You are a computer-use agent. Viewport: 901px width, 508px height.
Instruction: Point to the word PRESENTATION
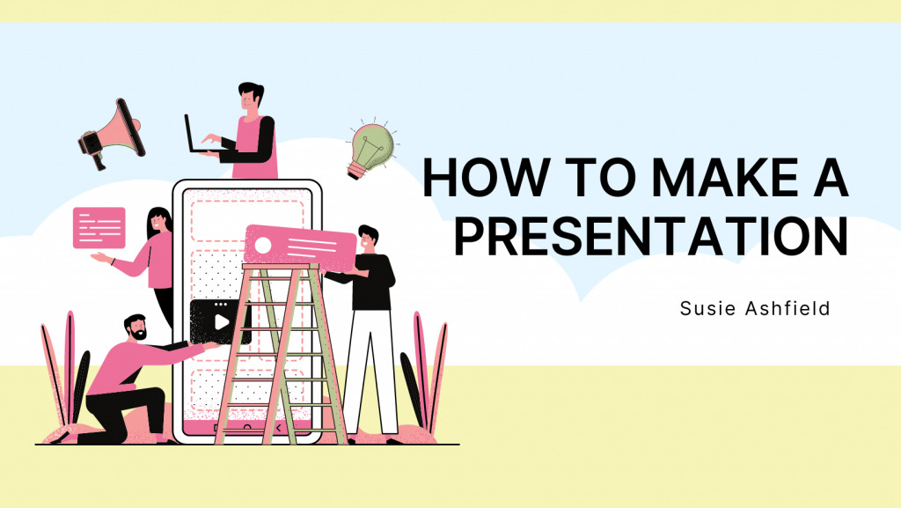(x=651, y=236)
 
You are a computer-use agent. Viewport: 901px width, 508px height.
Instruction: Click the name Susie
(x=707, y=309)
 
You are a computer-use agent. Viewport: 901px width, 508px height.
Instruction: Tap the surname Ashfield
(x=787, y=309)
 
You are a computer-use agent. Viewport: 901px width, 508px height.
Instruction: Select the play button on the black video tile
(x=221, y=322)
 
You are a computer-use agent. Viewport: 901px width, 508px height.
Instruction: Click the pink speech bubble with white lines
(x=99, y=228)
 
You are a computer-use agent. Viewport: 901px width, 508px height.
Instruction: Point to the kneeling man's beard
(x=138, y=334)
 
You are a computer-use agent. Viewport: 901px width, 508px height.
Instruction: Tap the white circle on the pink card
(x=262, y=246)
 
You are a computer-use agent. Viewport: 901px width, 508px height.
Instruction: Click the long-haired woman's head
(x=159, y=223)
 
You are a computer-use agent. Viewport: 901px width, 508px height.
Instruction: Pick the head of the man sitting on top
(x=251, y=97)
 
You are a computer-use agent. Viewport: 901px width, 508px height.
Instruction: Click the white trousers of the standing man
(x=370, y=372)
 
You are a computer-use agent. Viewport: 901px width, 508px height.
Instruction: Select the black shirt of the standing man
(x=370, y=282)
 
